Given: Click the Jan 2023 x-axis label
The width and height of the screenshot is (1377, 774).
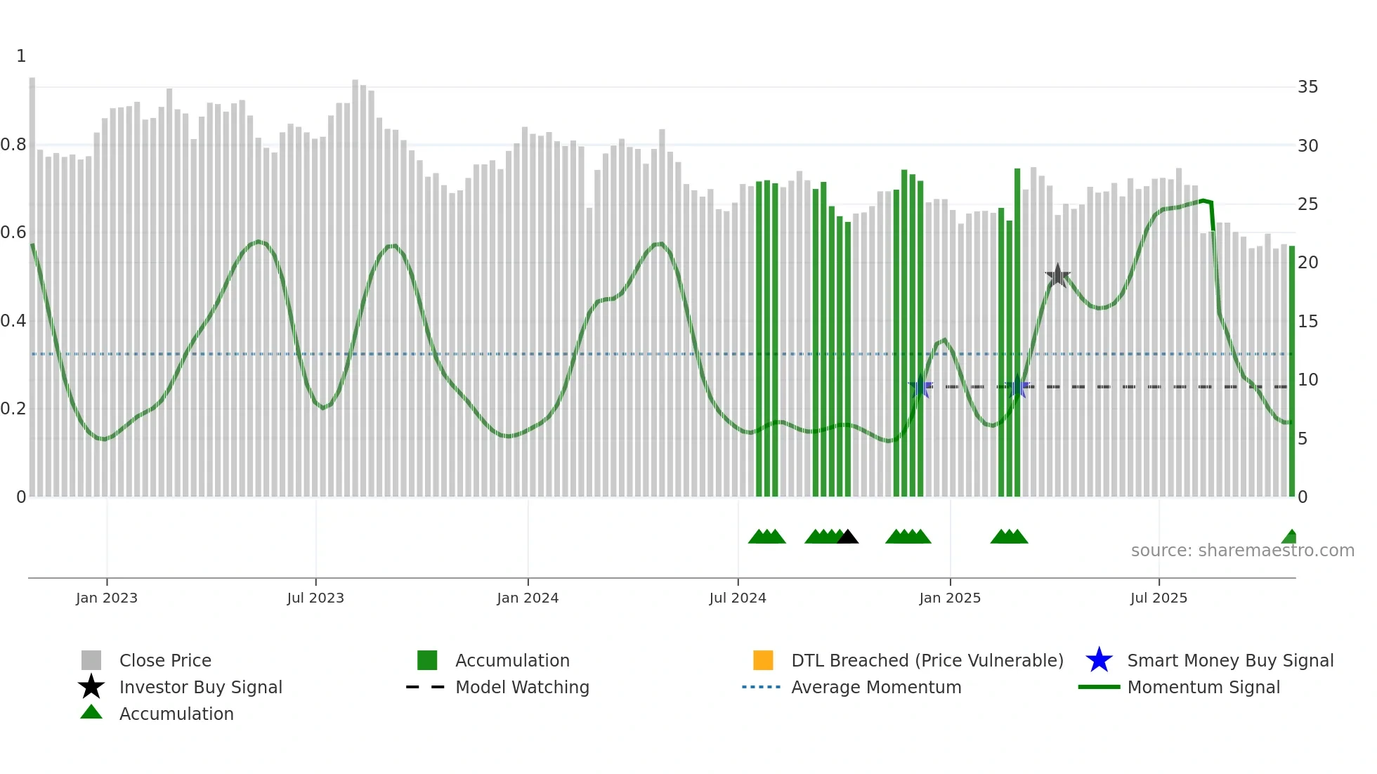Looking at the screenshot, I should coord(107,598).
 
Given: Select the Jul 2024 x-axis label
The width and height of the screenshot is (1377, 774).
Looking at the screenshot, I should coord(737,598).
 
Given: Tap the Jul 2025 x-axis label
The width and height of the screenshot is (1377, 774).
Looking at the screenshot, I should coord(1159,598).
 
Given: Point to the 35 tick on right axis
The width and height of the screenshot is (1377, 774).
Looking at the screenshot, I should coord(1307,87).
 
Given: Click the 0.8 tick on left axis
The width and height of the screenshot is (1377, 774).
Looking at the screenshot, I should coord(13,145).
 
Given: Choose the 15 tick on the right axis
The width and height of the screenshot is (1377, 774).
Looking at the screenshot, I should coord(1307,321).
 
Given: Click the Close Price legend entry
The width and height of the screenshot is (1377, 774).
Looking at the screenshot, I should coord(165,660).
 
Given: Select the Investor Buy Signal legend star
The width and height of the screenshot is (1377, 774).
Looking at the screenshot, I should coord(91,687).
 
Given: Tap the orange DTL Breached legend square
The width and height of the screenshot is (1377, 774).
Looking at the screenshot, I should coord(763,660).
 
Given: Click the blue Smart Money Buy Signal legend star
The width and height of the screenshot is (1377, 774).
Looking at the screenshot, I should coord(1099,660).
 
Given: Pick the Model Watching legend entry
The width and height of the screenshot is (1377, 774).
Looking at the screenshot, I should coord(522,687).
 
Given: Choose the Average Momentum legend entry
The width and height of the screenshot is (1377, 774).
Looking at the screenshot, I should coord(875,687).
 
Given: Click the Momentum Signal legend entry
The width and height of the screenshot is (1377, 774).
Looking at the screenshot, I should coord(1203,687).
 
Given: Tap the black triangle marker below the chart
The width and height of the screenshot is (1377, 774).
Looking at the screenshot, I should coord(848,537).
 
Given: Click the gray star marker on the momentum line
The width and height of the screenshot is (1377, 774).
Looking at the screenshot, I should coord(1057,275).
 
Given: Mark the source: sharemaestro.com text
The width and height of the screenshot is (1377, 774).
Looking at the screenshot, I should coord(1242,551).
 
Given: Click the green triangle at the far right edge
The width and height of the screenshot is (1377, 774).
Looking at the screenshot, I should coord(1290,537).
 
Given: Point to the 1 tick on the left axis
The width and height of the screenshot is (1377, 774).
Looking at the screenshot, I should coord(21,56).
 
